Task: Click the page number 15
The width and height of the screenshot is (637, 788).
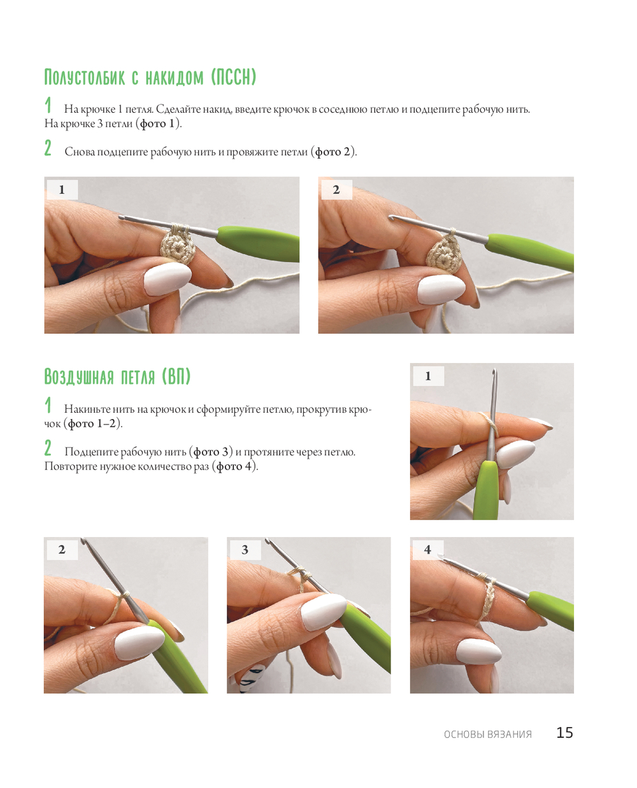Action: (x=564, y=732)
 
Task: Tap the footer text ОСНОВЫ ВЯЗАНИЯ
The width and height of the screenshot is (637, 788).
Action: (x=487, y=734)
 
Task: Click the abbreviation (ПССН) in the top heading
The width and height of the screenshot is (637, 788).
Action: (x=234, y=77)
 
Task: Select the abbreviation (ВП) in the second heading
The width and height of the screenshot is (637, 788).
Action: (x=176, y=376)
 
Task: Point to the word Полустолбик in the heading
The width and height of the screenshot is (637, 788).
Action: (x=85, y=77)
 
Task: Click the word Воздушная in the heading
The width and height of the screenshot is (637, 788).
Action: (x=79, y=376)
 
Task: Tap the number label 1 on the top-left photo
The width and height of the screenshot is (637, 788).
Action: (x=62, y=190)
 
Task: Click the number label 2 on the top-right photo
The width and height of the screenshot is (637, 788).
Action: (x=336, y=190)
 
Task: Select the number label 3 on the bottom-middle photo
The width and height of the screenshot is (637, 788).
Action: (x=245, y=550)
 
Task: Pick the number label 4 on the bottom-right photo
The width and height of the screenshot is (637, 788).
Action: (x=427, y=550)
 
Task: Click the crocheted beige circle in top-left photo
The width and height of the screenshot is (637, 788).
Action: (x=176, y=246)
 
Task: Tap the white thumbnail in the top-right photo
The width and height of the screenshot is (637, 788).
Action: (x=441, y=289)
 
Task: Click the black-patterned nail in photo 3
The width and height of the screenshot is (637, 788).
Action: (x=252, y=677)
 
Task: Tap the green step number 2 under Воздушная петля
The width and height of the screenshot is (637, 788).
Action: (x=48, y=448)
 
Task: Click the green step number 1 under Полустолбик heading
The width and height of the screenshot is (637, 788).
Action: (x=48, y=105)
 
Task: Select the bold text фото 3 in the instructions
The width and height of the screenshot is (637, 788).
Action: (x=211, y=452)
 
